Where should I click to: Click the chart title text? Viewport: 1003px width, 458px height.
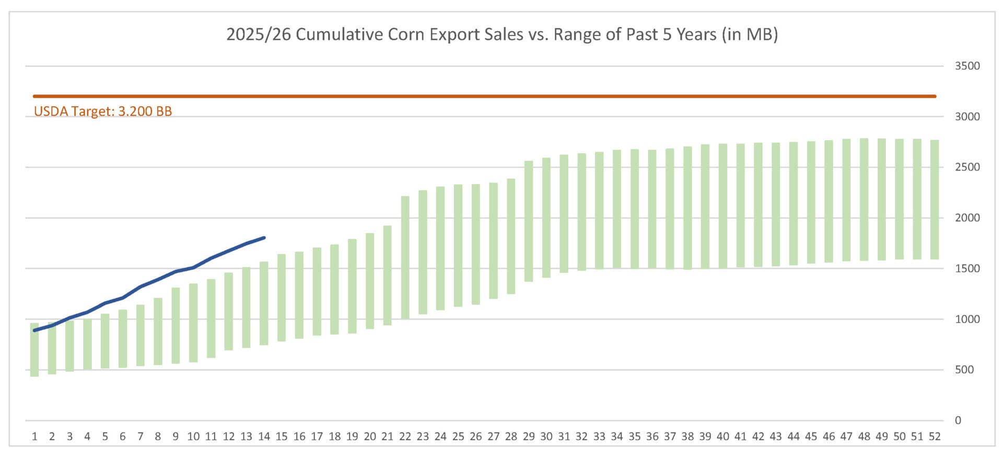coord(501,35)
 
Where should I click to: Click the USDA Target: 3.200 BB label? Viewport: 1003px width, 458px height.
coord(103,111)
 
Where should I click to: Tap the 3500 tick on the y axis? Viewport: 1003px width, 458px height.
coord(967,66)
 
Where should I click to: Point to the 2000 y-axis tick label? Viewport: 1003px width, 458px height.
coord(967,218)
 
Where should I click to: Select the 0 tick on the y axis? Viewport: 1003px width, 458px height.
coord(958,420)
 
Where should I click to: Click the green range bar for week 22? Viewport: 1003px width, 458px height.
coord(405,257)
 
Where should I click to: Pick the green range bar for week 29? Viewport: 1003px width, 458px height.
coord(529,221)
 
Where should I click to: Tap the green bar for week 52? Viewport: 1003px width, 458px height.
coord(935,200)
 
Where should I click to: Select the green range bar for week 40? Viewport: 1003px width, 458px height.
coord(723,206)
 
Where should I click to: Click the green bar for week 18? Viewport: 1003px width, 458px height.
coord(334,289)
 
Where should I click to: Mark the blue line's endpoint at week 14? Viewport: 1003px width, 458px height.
coord(264,238)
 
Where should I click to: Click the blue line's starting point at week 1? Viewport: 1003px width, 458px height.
coord(34,330)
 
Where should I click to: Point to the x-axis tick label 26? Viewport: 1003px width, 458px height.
coord(475,437)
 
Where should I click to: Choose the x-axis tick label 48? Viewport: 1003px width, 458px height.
coord(864,437)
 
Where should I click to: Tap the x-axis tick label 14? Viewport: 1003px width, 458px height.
coord(264,437)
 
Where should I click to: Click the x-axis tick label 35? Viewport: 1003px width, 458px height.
coord(634,437)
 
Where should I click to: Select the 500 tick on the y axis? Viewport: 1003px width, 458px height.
coord(964,370)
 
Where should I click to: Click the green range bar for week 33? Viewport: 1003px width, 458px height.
coord(599,211)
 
